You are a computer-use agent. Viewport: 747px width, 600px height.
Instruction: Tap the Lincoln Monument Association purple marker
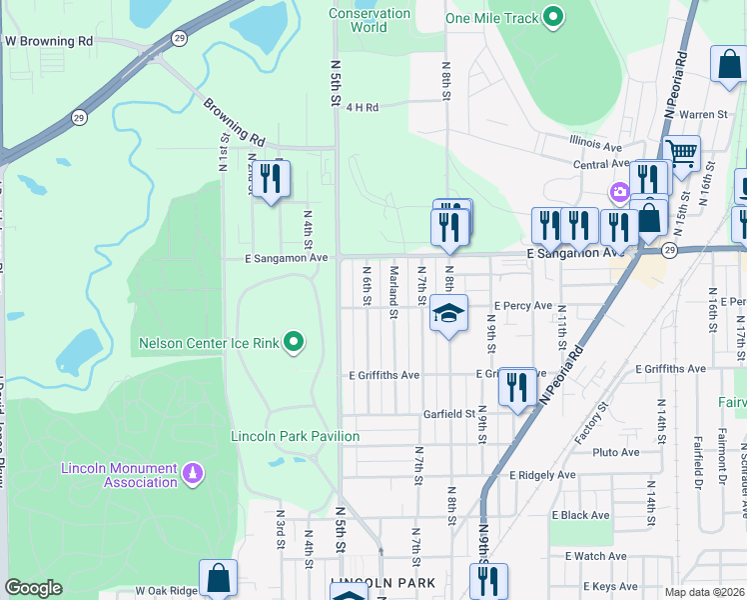click(x=194, y=470)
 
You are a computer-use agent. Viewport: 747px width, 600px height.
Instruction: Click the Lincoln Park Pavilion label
click(x=295, y=436)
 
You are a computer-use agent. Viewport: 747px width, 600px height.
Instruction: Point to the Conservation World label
click(x=370, y=20)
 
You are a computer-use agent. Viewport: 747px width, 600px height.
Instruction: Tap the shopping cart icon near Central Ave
click(x=682, y=154)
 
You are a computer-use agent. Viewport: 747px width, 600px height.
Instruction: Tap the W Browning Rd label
click(x=49, y=42)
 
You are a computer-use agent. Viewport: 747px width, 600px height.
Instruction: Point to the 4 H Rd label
click(x=364, y=107)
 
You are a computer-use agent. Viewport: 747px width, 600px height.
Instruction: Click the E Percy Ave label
click(x=522, y=306)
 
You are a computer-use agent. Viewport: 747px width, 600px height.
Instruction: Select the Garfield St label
click(x=447, y=413)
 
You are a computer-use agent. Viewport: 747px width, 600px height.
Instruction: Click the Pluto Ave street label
click(x=615, y=452)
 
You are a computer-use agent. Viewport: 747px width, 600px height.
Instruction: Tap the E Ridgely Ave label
click(x=542, y=475)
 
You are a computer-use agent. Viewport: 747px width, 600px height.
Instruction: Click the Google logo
click(x=33, y=588)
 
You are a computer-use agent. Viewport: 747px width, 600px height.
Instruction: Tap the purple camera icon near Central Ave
click(x=620, y=191)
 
